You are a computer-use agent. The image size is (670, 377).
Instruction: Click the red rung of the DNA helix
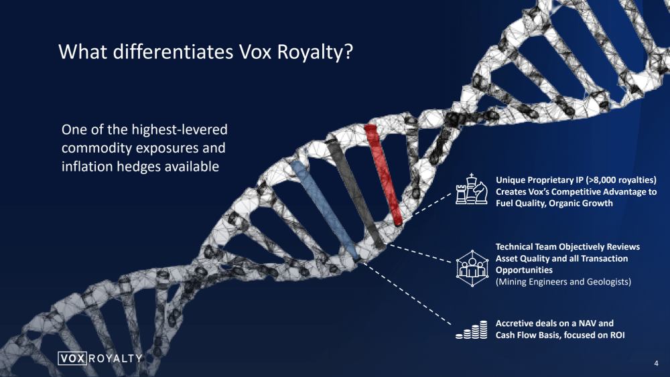tap(383, 175)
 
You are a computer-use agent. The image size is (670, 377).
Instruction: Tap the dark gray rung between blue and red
tap(356, 192)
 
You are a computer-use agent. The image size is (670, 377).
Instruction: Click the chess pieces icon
tap(471, 189)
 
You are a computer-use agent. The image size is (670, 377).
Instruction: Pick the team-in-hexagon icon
tap(472, 268)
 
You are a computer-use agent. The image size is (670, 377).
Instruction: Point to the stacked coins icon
tap(471, 329)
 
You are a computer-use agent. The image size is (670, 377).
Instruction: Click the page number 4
tap(656, 364)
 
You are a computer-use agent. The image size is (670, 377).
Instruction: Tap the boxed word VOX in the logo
tap(72, 358)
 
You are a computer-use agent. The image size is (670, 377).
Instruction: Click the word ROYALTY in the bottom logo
tap(116, 358)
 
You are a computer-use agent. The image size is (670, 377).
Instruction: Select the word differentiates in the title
tap(173, 52)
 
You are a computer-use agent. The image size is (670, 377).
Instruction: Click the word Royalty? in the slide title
tap(315, 52)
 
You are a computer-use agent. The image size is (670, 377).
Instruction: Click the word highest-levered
tap(180, 129)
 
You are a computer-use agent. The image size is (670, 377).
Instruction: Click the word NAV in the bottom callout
tap(588, 323)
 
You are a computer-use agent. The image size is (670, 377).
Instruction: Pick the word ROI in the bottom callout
tap(618, 335)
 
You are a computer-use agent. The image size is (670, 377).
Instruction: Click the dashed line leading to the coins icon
tap(407, 293)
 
